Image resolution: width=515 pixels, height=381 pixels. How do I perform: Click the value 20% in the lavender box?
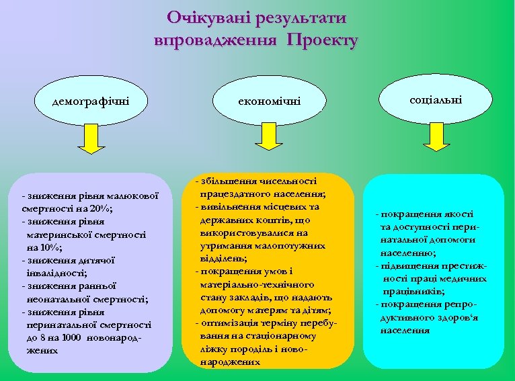click(x=102, y=208)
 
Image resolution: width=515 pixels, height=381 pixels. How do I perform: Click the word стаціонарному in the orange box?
click(x=279, y=335)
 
